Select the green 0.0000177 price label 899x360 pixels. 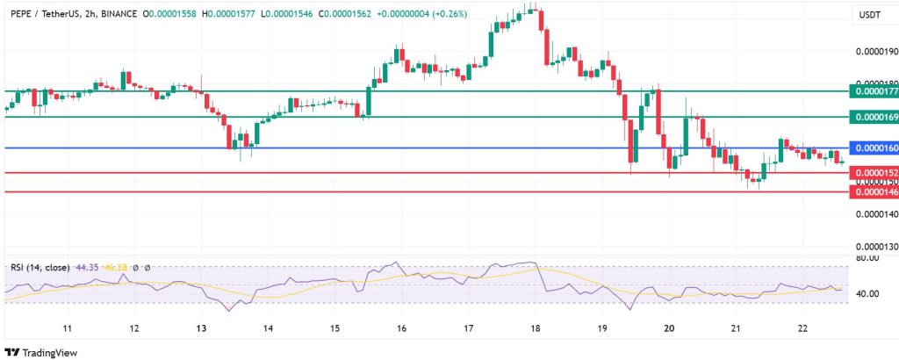(874, 90)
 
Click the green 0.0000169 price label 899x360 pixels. (874, 117)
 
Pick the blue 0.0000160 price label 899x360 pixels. (874, 148)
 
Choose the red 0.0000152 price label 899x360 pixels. (874, 173)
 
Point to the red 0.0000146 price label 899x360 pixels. (874, 191)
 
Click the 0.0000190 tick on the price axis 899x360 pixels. (875, 53)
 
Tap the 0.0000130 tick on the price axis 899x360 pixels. (875, 247)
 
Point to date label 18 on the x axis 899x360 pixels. (536, 328)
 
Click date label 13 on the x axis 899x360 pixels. (201, 328)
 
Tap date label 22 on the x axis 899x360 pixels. (803, 328)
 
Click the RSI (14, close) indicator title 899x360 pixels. (40, 267)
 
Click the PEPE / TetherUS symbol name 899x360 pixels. (43, 15)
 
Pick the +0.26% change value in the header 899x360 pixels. (448, 15)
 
